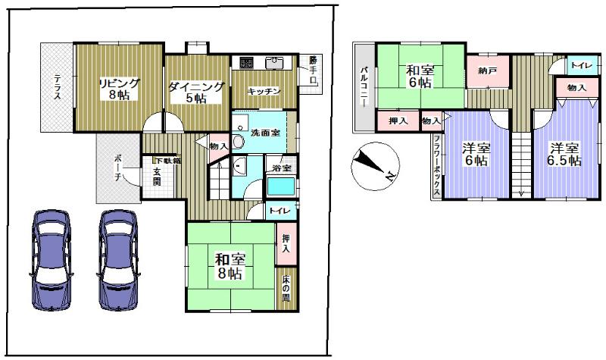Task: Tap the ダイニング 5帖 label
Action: (x=196, y=92)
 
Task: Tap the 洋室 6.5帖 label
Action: (x=565, y=154)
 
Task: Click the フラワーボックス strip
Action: (x=437, y=166)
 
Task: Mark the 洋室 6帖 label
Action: (x=476, y=154)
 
